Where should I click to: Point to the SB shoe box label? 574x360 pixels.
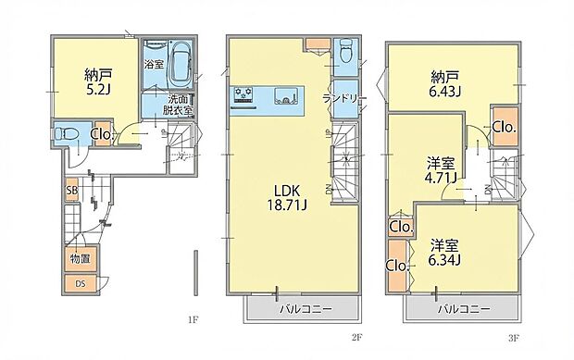coord(70,192)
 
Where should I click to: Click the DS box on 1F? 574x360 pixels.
coord(80,284)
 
